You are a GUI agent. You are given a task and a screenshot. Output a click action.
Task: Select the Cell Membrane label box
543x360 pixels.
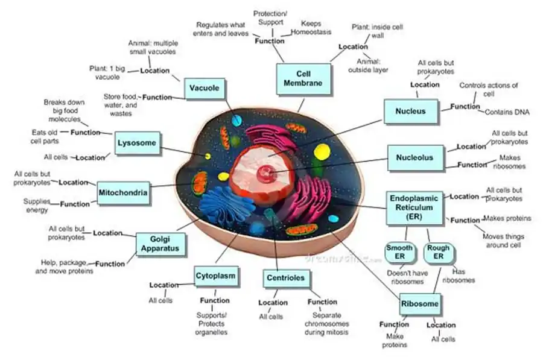(303, 78)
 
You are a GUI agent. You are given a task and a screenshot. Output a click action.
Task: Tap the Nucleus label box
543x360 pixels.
(410, 111)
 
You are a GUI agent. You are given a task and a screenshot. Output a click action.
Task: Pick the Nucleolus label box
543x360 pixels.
(414, 158)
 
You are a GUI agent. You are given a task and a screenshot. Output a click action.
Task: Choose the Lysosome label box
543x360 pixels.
(138, 144)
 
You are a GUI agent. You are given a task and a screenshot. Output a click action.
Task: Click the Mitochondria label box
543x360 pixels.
(123, 192)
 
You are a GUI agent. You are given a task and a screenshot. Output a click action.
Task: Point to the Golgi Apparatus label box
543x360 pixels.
(160, 243)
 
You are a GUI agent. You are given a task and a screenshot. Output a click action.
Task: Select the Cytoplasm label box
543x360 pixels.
(215, 277)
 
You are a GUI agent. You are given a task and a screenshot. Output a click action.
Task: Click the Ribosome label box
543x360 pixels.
(420, 304)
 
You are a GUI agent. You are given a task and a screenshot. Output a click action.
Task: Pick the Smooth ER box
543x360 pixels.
(399, 252)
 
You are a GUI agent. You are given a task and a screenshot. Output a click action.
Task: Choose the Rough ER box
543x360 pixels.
(438, 252)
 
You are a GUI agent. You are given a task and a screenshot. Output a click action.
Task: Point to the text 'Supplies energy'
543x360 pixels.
(36, 205)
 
